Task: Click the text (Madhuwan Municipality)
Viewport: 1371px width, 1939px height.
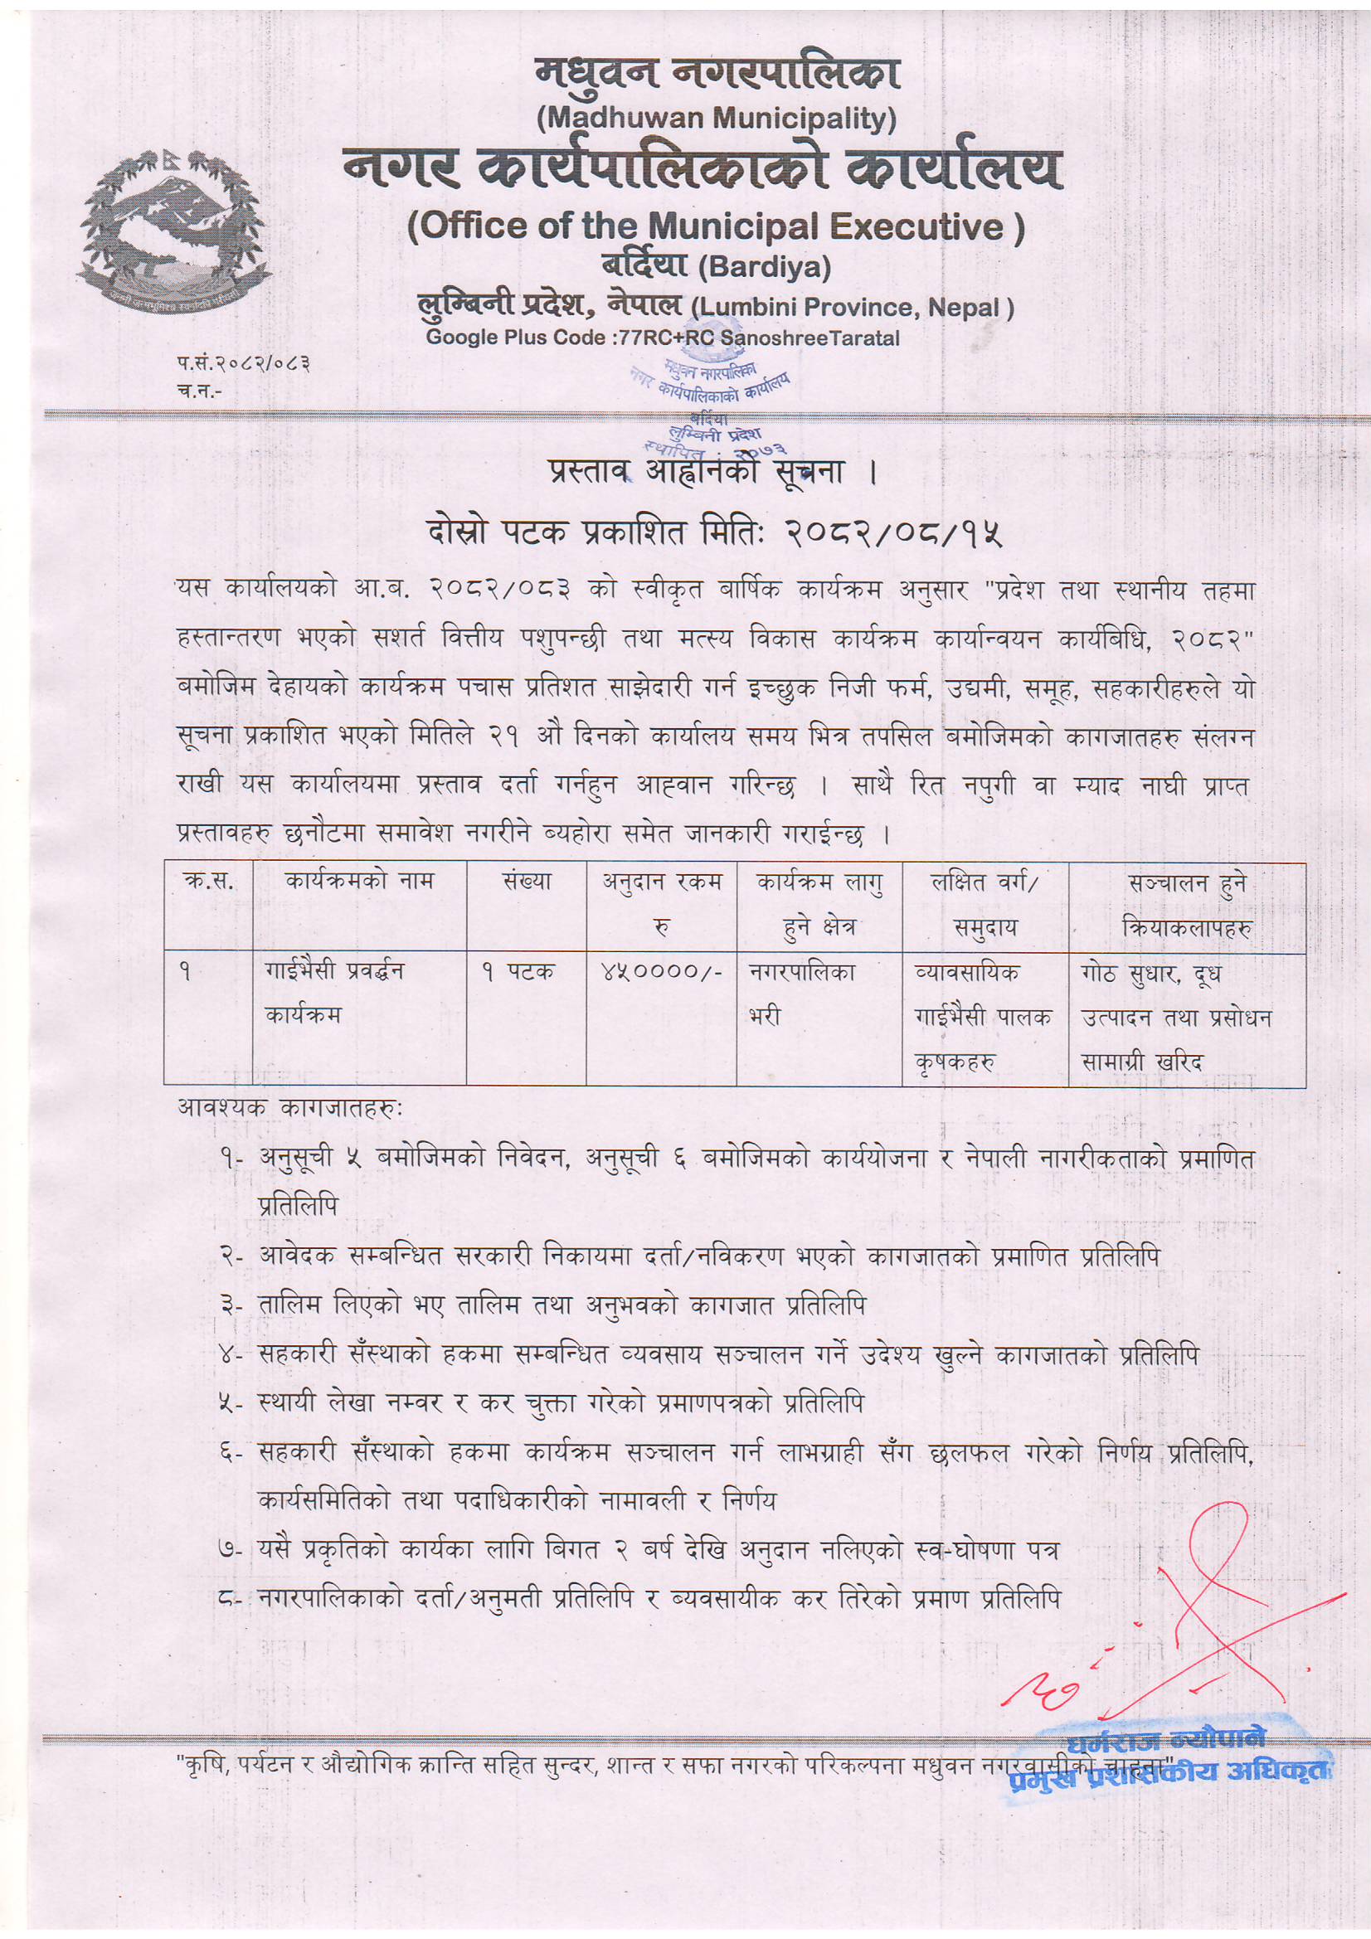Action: pyautogui.click(x=717, y=119)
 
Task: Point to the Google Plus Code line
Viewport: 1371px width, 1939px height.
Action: pyautogui.click(x=664, y=337)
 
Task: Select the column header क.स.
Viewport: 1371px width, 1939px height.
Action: pyautogui.click(x=209, y=882)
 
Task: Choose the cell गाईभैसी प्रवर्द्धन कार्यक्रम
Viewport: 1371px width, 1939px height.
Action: pyautogui.click(x=333, y=994)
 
